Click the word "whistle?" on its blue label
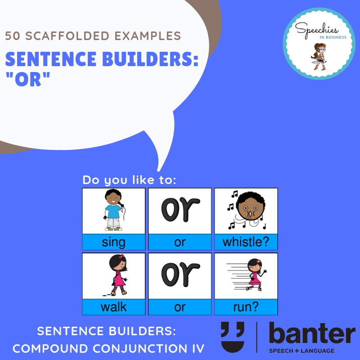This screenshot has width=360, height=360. [x=246, y=242]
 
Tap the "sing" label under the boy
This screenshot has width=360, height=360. [x=114, y=243]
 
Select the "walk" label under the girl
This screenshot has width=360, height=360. [x=114, y=307]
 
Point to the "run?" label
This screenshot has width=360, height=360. [x=246, y=307]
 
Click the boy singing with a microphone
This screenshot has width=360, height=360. [x=114, y=210]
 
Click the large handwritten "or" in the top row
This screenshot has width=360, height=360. [x=180, y=209]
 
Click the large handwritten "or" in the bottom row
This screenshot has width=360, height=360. [x=180, y=274]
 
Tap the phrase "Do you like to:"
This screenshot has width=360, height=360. [x=129, y=180]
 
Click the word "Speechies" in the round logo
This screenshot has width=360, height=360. [x=317, y=30]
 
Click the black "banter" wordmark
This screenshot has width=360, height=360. [x=312, y=333]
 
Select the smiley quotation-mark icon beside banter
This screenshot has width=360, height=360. [x=233, y=337]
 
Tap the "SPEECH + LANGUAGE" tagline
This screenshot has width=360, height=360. [x=301, y=351]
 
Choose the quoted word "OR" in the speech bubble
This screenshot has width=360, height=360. [x=28, y=79]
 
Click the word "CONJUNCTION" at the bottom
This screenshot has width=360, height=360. [x=140, y=348]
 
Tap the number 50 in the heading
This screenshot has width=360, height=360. [x=13, y=36]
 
